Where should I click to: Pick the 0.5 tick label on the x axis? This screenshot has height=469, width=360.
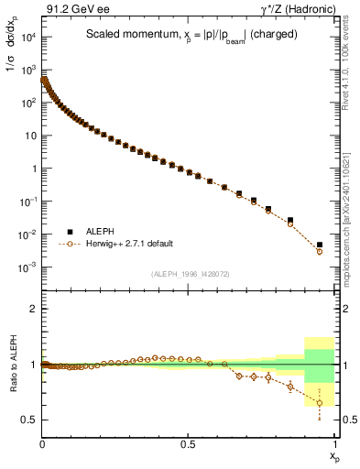point(188,443)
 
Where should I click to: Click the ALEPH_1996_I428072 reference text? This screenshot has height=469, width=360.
point(190,274)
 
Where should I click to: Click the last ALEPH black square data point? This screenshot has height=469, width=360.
point(320,245)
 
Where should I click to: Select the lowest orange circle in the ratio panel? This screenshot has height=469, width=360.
point(320,402)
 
